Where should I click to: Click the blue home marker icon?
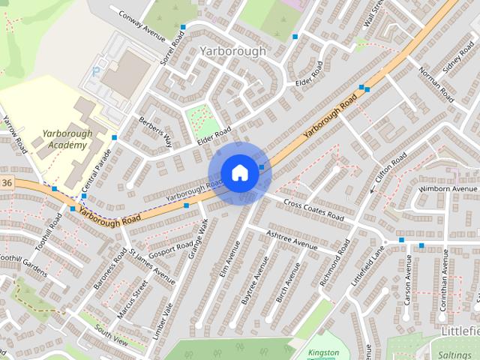(x=239, y=172)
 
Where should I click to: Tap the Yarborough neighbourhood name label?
(x=233, y=51)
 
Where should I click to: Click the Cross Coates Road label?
(x=313, y=211)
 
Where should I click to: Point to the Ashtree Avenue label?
(x=292, y=240)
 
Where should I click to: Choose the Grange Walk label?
(x=198, y=239)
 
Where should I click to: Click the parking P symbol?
(x=95, y=71)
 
